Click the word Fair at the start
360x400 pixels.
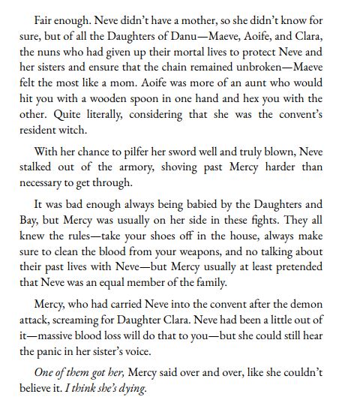pos(46,14)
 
